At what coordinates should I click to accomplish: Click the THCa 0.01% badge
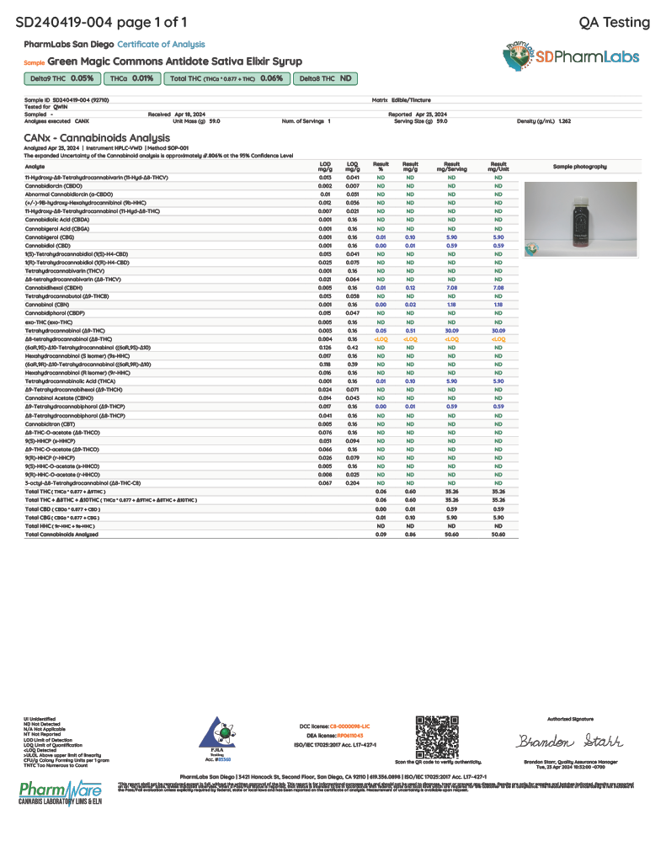(132, 78)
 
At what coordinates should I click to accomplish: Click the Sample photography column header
(580, 166)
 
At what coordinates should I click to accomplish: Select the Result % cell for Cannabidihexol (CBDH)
(381, 287)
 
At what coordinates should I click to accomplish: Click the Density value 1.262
(564, 121)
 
